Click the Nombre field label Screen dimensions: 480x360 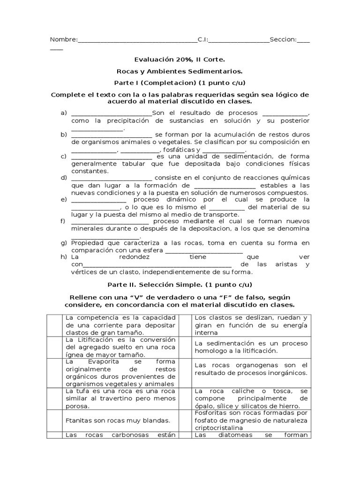coord(63,40)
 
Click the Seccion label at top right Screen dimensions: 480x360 coord(283,40)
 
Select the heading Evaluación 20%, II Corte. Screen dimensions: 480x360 coord(180,60)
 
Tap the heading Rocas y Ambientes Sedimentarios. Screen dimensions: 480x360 coord(180,71)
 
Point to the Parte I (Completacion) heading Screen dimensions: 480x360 coord(180,83)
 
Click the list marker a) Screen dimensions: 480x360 coord(64,113)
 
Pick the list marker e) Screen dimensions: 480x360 coord(64,199)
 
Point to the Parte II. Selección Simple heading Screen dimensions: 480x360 coord(180,285)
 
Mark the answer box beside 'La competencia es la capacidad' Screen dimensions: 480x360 coord(56,325)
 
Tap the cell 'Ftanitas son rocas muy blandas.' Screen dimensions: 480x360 coord(117,420)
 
